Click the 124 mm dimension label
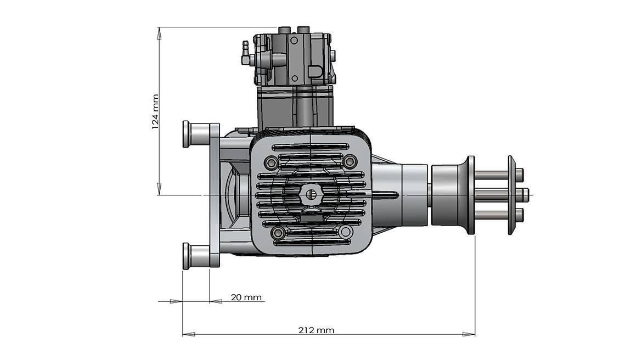coord(155,111)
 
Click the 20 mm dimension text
coord(246,297)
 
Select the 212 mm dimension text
coord(317,330)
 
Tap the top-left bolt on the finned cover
coord(271,162)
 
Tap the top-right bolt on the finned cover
coord(350,161)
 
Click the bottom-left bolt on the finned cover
coord(278,233)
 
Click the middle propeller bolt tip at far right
coord(525,193)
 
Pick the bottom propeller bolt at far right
coord(520,213)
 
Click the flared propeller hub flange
coord(470,195)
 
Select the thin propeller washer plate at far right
coord(511,195)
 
